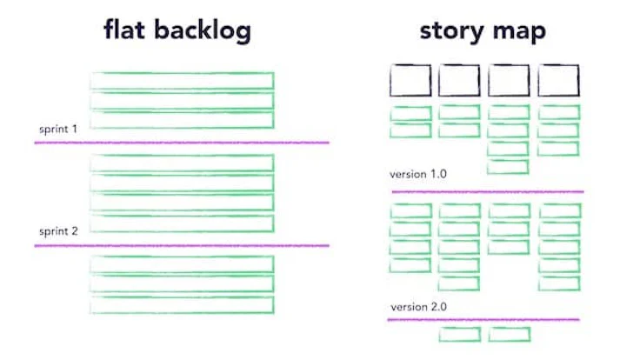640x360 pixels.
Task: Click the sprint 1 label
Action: [x=58, y=130]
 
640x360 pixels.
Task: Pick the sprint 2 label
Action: [x=58, y=232]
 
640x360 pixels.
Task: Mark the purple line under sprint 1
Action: [x=182, y=142]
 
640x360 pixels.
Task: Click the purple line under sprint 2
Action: [x=182, y=245]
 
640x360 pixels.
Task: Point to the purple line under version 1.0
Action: [x=487, y=190]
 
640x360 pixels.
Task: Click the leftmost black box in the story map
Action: [x=410, y=81]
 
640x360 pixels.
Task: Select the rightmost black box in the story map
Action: [x=558, y=81]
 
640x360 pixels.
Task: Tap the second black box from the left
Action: [x=459, y=81]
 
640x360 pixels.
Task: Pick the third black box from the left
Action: [x=509, y=81]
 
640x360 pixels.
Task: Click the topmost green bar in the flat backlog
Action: [x=182, y=81]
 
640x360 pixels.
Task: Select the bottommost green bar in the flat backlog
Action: [x=182, y=305]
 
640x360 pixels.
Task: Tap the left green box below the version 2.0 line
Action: [x=459, y=334]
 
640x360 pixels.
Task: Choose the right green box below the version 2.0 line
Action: [x=509, y=334]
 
